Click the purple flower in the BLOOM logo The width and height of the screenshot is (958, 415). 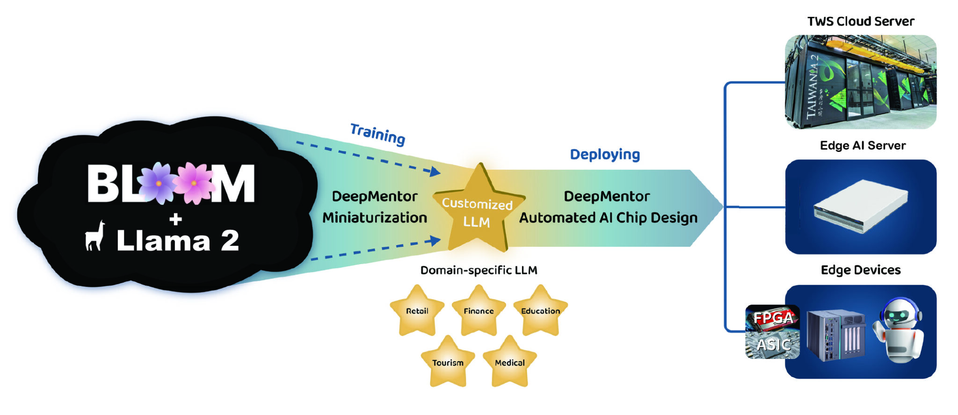coord(159,183)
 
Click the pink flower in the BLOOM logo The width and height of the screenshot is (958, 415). coord(194,183)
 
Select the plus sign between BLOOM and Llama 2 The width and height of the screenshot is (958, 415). coord(176,219)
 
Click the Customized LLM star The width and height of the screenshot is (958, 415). coord(478,213)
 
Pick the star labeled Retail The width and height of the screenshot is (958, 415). coord(417,311)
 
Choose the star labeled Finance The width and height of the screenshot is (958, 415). coord(479,311)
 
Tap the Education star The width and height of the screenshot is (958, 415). coord(540,311)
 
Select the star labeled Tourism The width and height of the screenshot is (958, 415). coord(448,362)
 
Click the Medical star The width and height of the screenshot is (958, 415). coord(509,362)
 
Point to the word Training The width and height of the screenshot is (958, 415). coord(377,134)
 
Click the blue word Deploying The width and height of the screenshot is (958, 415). coord(605,154)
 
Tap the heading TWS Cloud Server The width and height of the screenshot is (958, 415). coord(861,21)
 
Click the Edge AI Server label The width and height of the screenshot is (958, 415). coord(863,145)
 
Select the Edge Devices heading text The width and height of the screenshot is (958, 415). coord(861,270)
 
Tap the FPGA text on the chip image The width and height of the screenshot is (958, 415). coord(773,318)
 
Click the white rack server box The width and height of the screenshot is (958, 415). coord(861,206)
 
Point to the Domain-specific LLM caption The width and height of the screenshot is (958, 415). coord(479,270)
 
